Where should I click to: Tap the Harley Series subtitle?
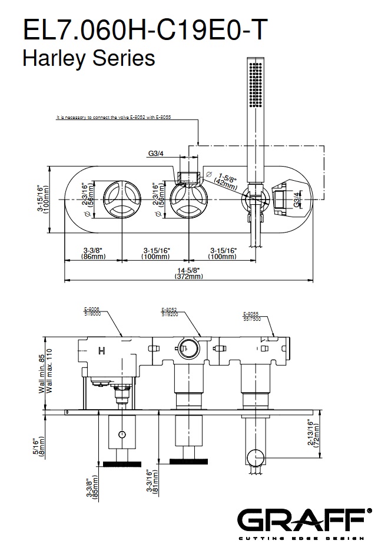pos(88,58)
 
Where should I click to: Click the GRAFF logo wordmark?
pos(303,520)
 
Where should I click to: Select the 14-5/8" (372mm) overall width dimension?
pos(189,273)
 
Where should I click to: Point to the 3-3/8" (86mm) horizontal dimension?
pos(93,253)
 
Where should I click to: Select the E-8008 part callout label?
pos(93,311)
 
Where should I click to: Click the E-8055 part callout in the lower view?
pos(253,316)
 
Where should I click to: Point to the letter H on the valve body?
pos(101,352)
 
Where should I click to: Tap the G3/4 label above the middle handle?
pos(156,154)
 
